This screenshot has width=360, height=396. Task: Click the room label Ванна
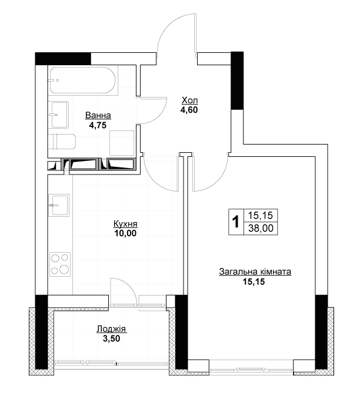pyautogui.click(x=98, y=115)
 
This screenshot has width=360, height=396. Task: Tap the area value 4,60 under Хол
pyautogui.click(x=189, y=110)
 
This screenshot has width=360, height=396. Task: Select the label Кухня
pyautogui.click(x=125, y=224)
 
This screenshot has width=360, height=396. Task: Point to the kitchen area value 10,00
pyautogui.click(x=125, y=233)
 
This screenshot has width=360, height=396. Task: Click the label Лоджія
pyautogui.click(x=111, y=329)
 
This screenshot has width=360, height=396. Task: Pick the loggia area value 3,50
pyautogui.click(x=111, y=338)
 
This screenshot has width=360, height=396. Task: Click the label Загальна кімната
pyautogui.click(x=255, y=272)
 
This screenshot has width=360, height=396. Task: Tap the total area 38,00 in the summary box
pyautogui.click(x=261, y=229)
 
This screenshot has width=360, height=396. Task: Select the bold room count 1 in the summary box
pyautogui.click(x=236, y=222)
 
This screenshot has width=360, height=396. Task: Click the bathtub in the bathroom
pyautogui.click(x=83, y=80)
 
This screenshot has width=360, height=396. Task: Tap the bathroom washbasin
pyautogui.click(x=58, y=115)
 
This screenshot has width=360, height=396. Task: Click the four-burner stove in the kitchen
pyautogui.click(x=60, y=264)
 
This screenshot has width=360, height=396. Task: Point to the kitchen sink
pyautogui.click(x=59, y=205)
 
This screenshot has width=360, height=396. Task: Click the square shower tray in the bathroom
pyautogui.click(x=122, y=143)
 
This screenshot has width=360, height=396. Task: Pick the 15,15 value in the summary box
pyautogui.click(x=261, y=216)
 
